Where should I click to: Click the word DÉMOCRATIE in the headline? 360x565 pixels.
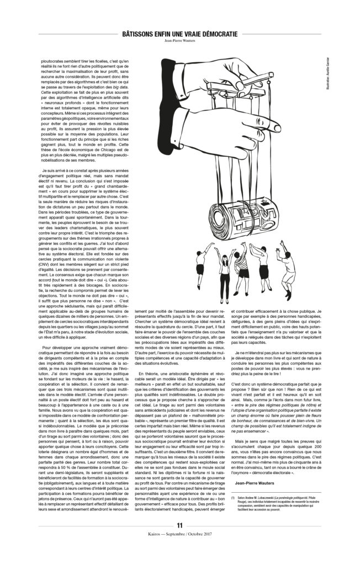(x=214, y=34)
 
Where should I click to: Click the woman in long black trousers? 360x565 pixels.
(x=225, y=270)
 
